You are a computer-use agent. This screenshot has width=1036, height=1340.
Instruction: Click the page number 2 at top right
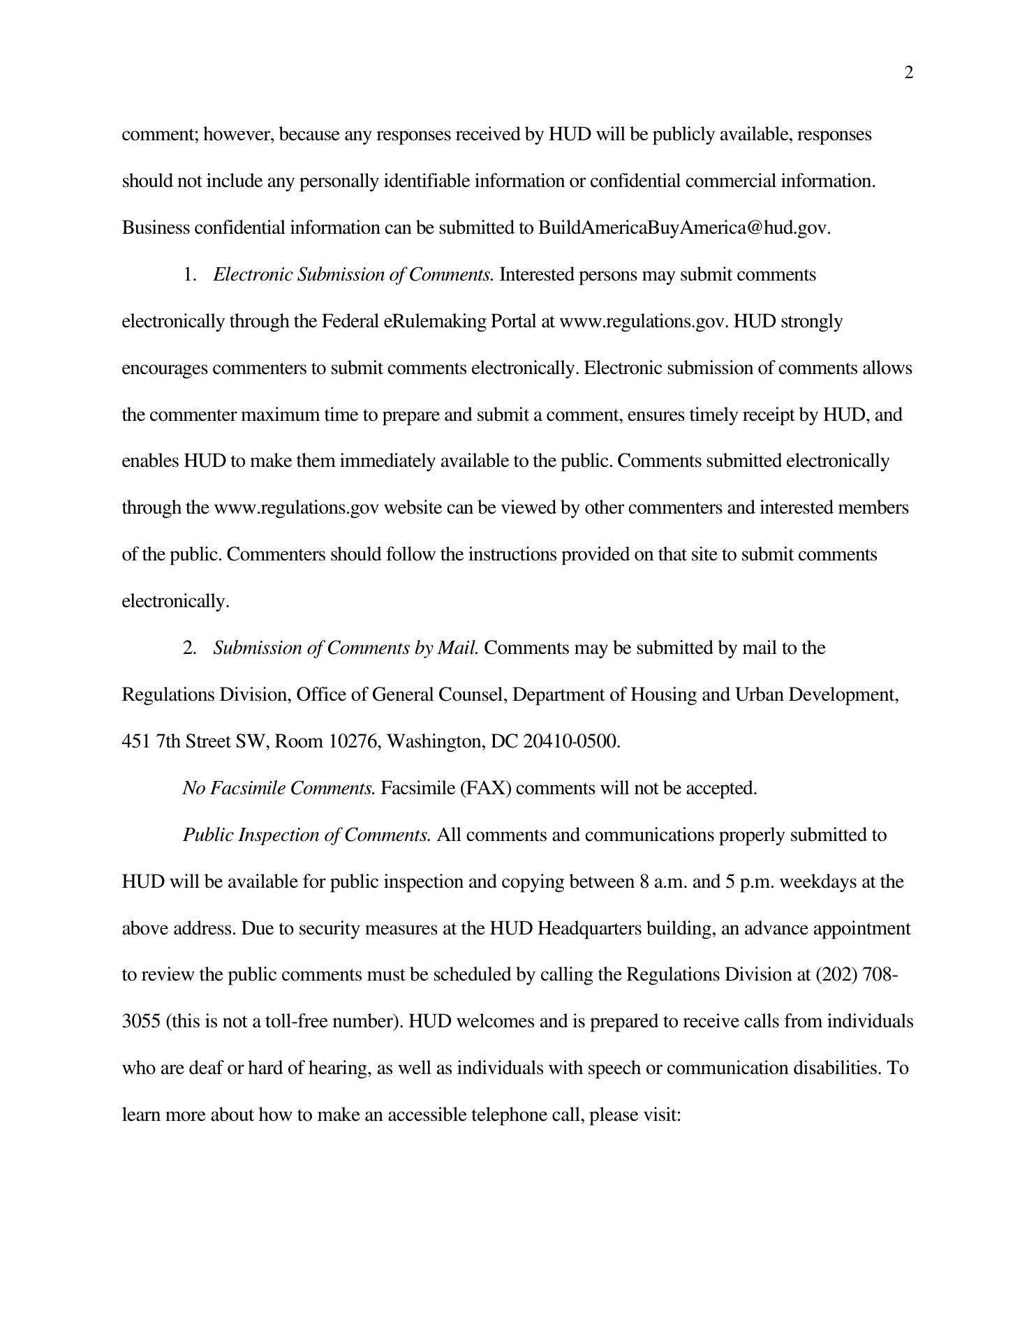click(908, 73)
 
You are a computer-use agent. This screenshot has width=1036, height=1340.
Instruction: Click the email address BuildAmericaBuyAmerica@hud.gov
click(683, 228)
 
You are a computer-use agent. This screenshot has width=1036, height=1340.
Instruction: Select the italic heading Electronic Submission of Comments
click(353, 275)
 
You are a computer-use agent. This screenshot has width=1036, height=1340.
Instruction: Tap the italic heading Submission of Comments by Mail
click(346, 648)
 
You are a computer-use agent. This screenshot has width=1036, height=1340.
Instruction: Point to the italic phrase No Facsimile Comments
click(279, 789)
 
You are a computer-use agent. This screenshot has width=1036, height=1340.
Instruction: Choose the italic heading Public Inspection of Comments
click(307, 835)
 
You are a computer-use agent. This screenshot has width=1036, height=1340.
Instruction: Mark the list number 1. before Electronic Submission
click(191, 275)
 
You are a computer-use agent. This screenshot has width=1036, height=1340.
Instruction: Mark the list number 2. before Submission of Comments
click(191, 648)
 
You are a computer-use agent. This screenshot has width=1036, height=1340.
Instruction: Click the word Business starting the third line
click(156, 228)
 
